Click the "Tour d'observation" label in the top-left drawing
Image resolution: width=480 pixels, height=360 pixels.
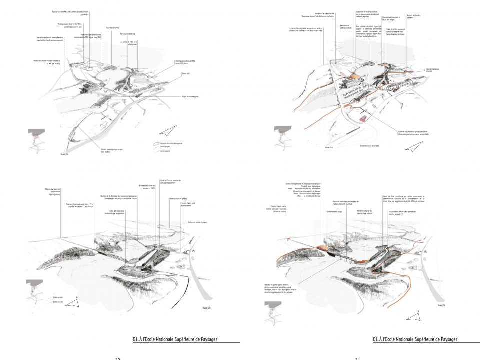(112, 28)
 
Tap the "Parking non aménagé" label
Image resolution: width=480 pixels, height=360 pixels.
(128, 34)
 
